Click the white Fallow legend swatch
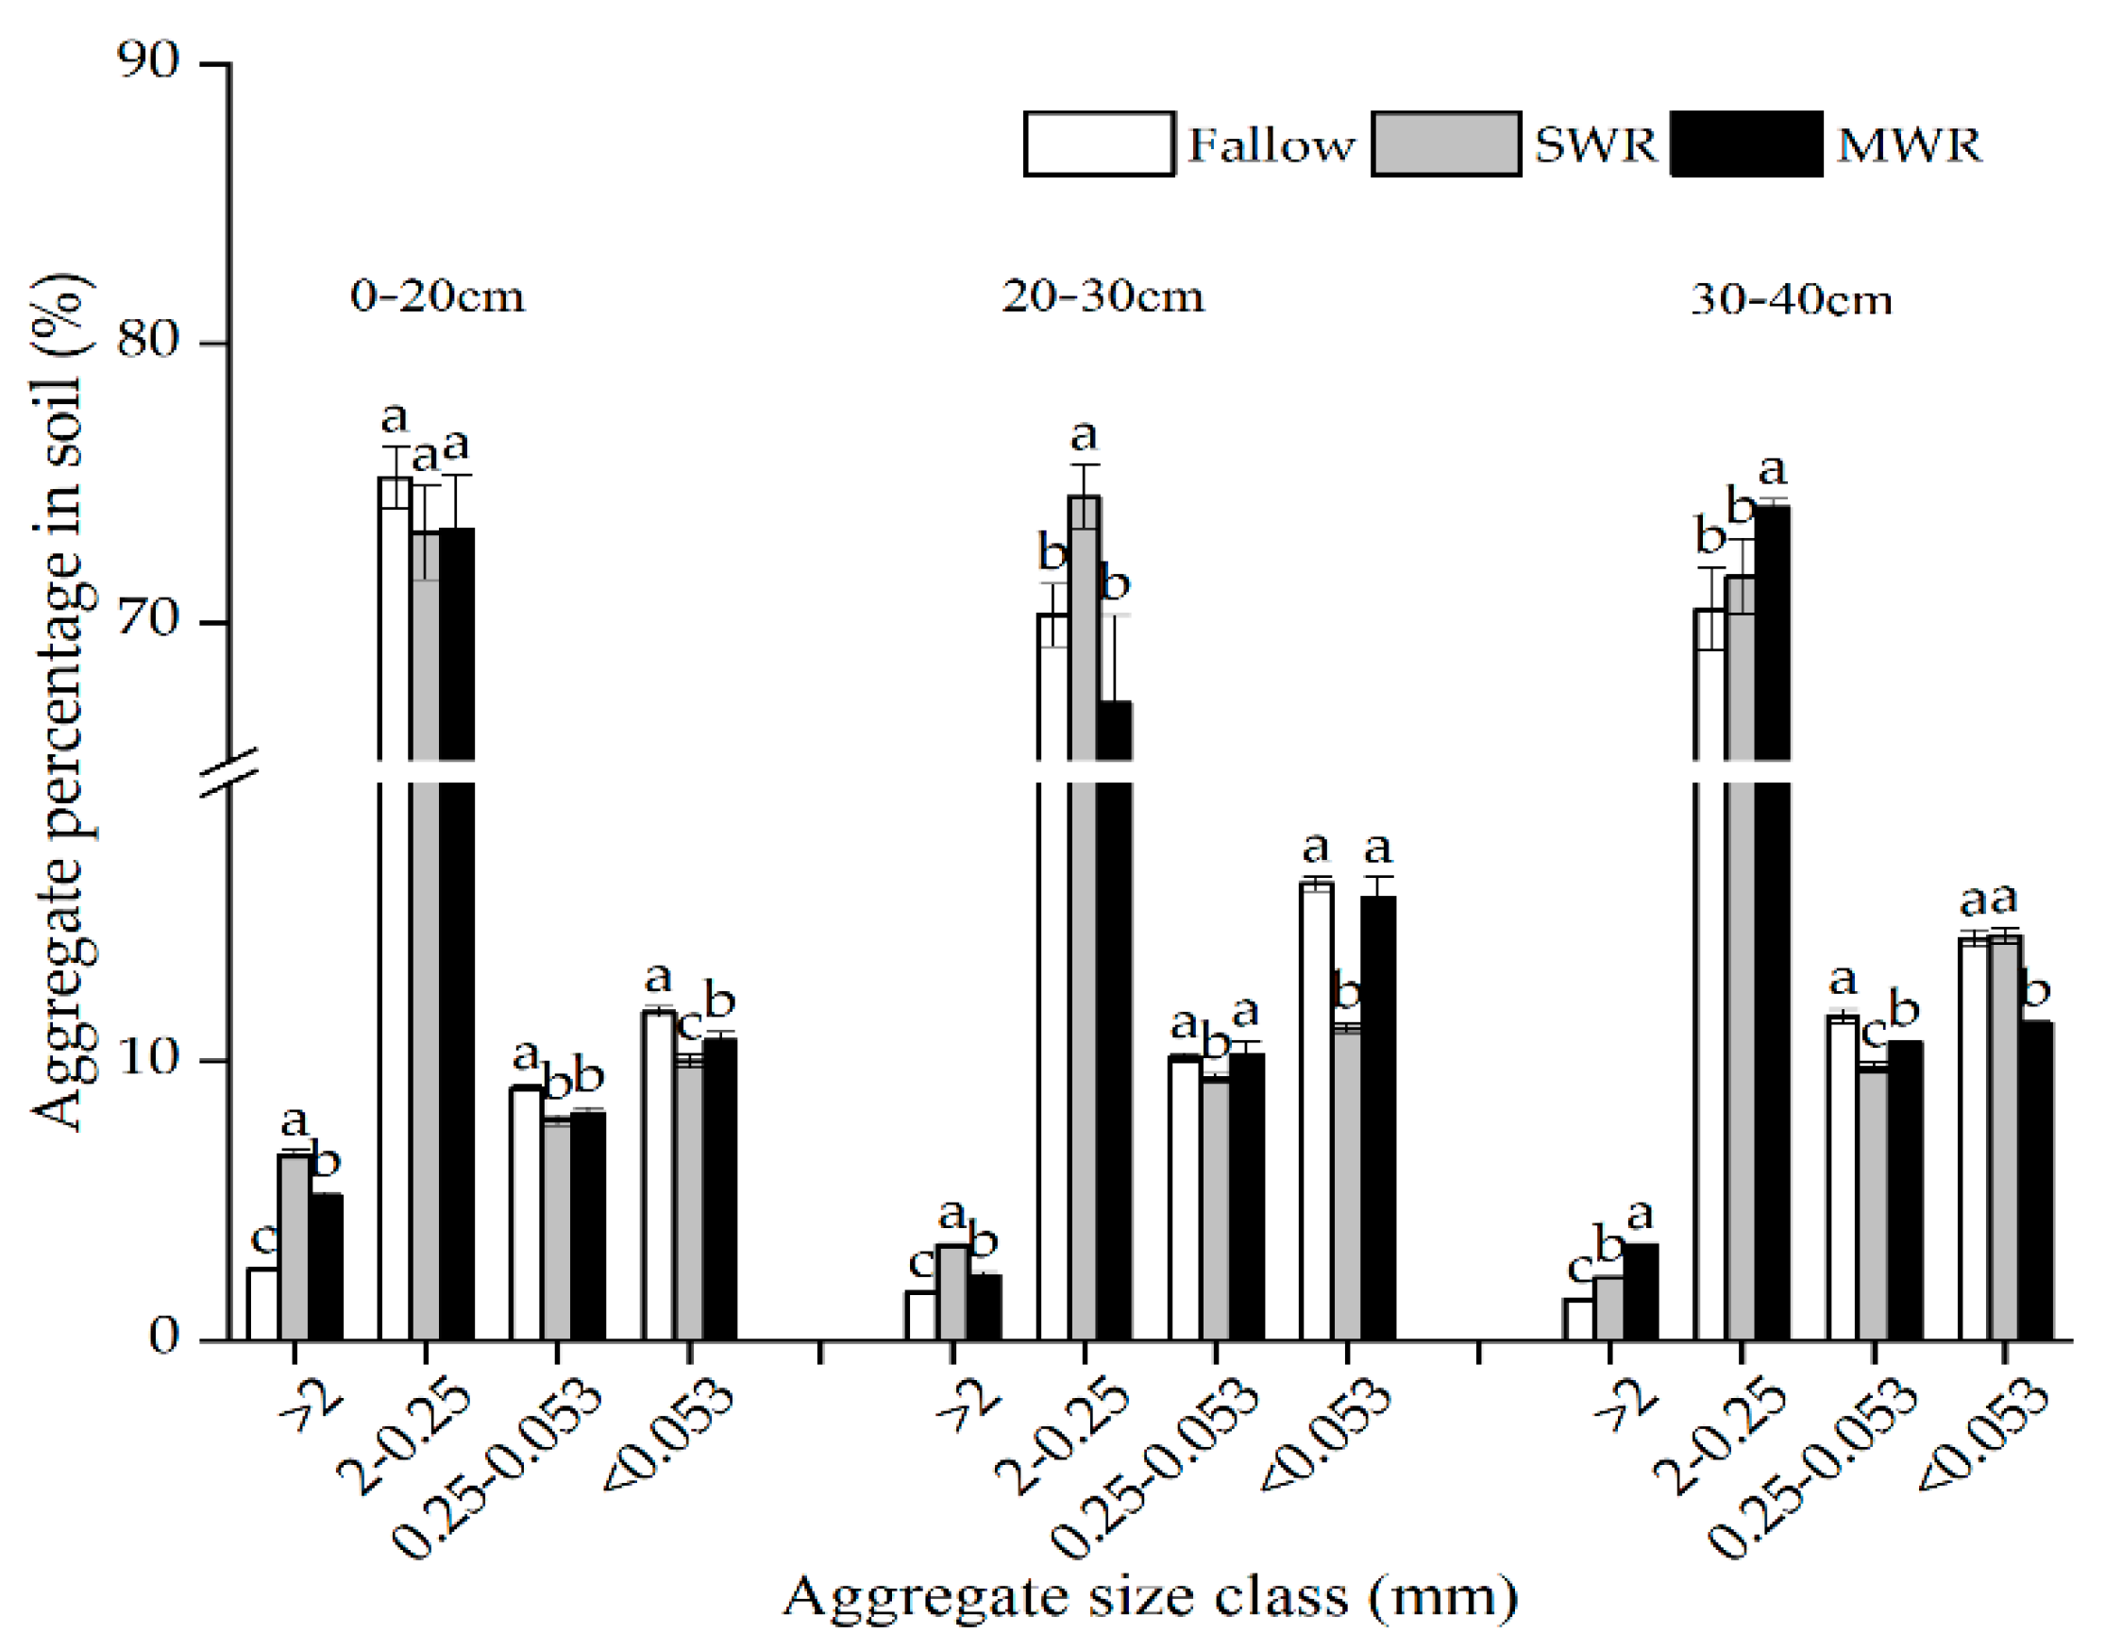tap(1099, 143)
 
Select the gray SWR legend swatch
tap(1445, 143)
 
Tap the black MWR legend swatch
tap(1745, 143)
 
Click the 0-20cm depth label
tap(438, 295)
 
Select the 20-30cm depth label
tap(1103, 295)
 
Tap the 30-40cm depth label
tap(1790, 300)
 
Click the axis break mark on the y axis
tap(230, 772)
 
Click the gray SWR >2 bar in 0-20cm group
tap(294, 1246)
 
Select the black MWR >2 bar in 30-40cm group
tap(1642, 1291)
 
